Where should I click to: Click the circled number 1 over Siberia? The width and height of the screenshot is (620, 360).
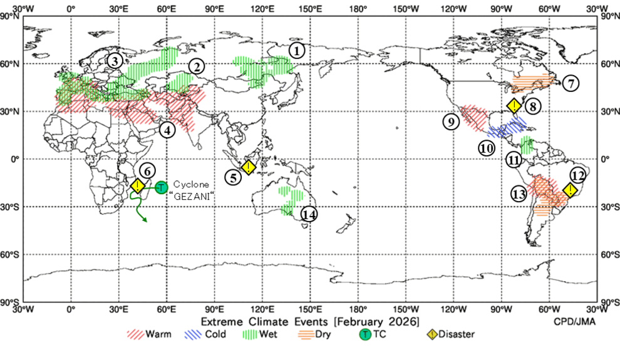[297, 50]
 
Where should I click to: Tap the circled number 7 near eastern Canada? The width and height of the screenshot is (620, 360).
[570, 83]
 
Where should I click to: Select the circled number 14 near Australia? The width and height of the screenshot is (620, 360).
[308, 214]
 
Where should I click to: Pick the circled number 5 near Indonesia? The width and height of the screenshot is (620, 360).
[234, 177]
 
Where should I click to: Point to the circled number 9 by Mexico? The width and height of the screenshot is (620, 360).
[450, 122]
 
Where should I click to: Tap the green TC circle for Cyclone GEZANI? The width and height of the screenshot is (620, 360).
[161, 187]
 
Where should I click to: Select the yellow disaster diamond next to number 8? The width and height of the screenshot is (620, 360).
[514, 106]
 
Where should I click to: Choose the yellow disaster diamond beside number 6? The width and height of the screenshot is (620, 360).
[138, 186]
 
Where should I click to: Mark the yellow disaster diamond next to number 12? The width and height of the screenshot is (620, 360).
[570, 190]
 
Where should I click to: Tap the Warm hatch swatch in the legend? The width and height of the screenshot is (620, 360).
[135, 334]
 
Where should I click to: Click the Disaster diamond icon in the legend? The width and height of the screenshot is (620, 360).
[433, 334]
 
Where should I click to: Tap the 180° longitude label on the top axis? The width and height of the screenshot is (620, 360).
[358, 9]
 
